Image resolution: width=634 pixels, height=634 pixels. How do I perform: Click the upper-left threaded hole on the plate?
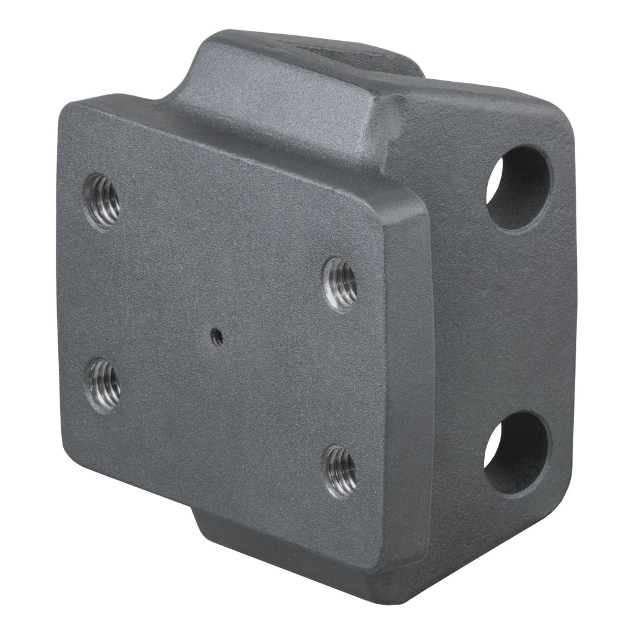click(x=102, y=201)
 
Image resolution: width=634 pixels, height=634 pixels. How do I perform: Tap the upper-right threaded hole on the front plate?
click(x=341, y=284)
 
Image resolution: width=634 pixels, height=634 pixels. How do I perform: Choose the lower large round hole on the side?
click(x=516, y=453)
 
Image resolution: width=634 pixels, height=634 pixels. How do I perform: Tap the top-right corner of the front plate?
click(x=421, y=207)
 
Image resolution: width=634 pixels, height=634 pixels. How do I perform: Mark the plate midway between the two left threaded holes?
click(x=103, y=293)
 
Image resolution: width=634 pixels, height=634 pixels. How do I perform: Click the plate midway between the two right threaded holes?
click(x=341, y=376)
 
